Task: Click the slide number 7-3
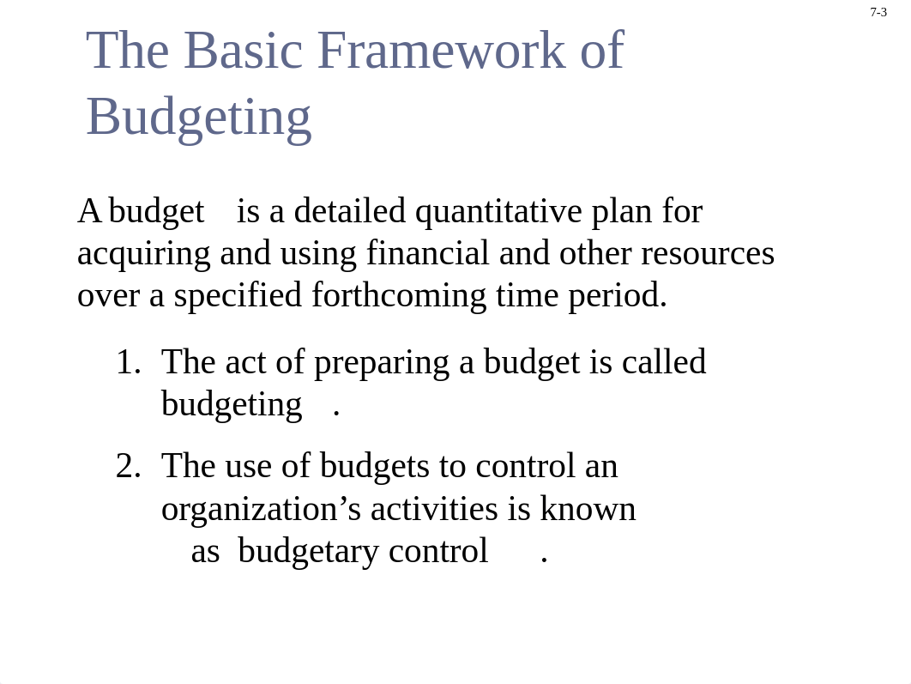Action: pyautogui.click(x=878, y=12)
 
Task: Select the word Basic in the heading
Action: pyautogui.click(x=244, y=51)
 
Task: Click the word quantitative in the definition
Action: pyautogui.click(x=498, y=211)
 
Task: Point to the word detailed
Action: pyautogui.click(x=350, y=210)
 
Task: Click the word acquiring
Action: pyautogui.click(x=143, y=254)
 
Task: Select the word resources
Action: pyautogui.click(x=708, y=254)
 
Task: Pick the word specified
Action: pyautogui.click(x=238, y=296)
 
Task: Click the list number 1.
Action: pyautogui.click(x=129, y=362)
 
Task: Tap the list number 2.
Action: pyautogui.click(x=129, y=466)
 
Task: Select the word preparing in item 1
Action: pyautogui.click(x=382, y=363)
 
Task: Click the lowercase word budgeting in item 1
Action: pyautogui.click(x=232, y=405)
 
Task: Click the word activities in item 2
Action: pyautogui.click(x=434, y=509)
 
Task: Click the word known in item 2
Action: pyautogui.click(x=588, y=509)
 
